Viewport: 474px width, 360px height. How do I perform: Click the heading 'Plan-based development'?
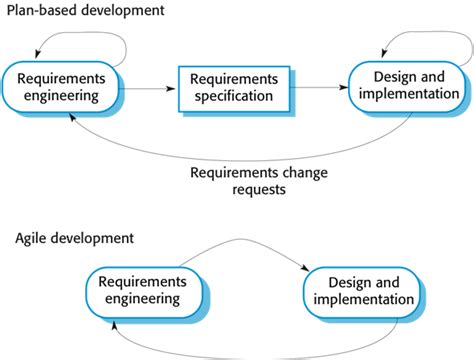[85, 13]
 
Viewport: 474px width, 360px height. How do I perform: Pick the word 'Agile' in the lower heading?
[33, 240]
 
